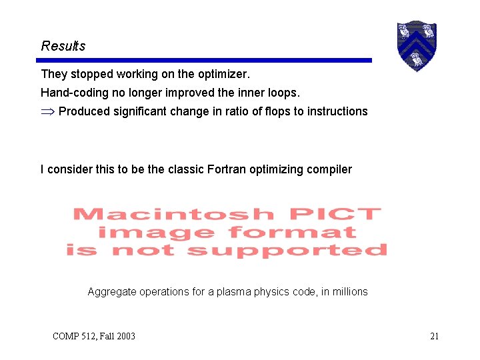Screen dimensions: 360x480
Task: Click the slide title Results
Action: [x=63, y=46]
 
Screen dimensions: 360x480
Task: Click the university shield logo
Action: [x=416, y=45]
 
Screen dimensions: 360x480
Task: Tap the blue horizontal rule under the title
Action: [x=206, y=60]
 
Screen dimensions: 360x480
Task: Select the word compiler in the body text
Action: [x=329, y=169]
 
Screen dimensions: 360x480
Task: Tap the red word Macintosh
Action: [x=173, y=215]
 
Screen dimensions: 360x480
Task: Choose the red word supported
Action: [x=287, y=251]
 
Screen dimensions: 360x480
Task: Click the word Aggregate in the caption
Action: [x=112, y=291]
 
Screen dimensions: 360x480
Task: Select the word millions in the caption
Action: [x=349, y=291]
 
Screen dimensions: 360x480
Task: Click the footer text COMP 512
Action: [x=74, y=336]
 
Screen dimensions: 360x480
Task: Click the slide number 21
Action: [x=434, y=336]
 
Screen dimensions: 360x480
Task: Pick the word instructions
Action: [x=337, y=111]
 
